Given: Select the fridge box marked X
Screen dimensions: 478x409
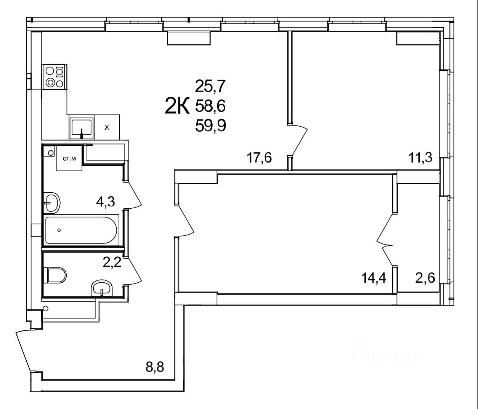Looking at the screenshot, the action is click(107, 128).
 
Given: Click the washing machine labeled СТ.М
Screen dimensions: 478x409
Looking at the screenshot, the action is click(69, 158).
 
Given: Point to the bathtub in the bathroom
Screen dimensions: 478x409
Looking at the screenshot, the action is click(81, 230).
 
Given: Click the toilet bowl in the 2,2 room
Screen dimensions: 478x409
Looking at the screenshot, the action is click(56, 275).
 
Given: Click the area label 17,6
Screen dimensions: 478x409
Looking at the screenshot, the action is click(259, 158).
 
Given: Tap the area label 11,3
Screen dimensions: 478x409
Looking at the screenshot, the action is click(420, 157).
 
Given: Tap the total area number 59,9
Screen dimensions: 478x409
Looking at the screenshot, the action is click(210, 125).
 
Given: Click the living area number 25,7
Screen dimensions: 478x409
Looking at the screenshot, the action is click(210, 87).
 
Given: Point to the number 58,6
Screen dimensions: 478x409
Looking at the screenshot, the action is click(210, 106).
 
